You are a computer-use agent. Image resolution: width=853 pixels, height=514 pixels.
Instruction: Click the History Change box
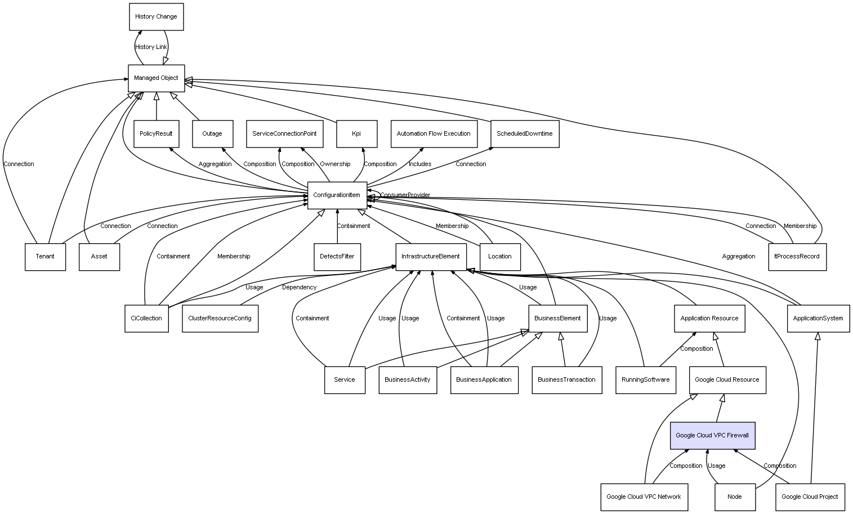[x=156, y=17]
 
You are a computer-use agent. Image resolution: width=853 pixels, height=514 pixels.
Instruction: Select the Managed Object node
[x=156, y=78]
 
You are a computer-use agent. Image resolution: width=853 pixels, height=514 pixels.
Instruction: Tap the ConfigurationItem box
[x=337, y=195]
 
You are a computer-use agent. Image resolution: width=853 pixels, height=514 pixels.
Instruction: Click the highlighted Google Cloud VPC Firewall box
[x=712, y=436]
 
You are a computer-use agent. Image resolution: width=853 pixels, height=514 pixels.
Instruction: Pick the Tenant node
[x=45, y=257]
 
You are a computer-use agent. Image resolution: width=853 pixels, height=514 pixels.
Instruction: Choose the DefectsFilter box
[x=337, y=257]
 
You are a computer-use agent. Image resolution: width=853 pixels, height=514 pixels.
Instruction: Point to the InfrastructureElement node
[x=431, y=257]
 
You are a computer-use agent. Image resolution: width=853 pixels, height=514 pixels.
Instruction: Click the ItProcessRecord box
[x=797, y=257]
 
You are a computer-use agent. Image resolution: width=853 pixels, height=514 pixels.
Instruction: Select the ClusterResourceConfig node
[x=220, y=318]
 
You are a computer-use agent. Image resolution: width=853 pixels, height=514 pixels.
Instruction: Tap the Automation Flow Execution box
[x=434, y=134]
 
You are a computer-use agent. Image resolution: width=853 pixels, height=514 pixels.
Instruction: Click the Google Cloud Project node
[x=810, y=497]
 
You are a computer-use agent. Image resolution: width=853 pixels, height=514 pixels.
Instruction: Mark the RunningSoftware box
[x=646, y=380]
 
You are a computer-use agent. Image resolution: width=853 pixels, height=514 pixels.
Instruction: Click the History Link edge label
[x=151, y=47]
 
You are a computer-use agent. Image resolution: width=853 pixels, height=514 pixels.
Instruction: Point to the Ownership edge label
[x=335, y=164]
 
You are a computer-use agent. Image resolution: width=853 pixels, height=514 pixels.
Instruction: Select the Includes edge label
[x=420, y=164]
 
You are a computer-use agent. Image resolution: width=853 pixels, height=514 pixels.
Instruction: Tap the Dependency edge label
[x=300, y=288]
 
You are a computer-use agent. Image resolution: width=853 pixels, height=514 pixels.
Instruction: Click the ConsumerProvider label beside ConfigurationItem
[x=405, y=195]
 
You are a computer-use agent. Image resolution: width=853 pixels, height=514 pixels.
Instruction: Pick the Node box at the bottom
[x=735, y=497]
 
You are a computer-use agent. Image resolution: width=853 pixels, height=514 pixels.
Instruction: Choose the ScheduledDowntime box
[x=525, y=134]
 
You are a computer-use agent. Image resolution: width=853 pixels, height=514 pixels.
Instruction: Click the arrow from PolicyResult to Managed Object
[x=156, y=106]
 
